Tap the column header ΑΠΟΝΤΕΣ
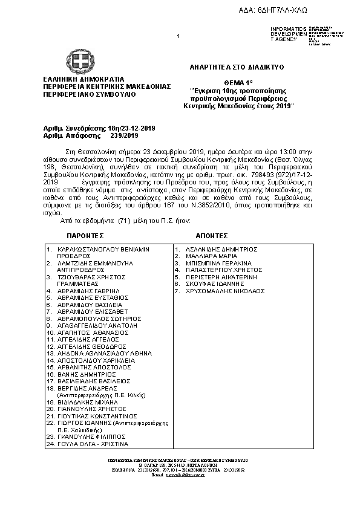(x=212, y=235)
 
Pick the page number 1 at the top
(x=178, y=37)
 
